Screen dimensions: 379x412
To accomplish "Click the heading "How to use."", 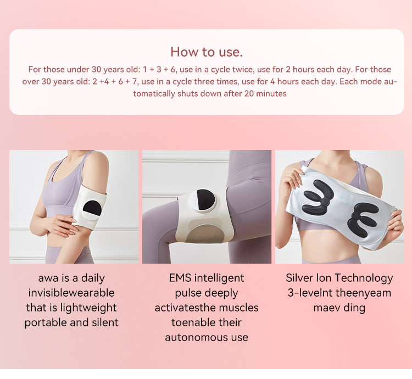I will [207, 52].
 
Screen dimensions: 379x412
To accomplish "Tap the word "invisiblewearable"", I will [71, 293].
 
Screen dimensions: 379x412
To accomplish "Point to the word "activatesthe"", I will [184, 308].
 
